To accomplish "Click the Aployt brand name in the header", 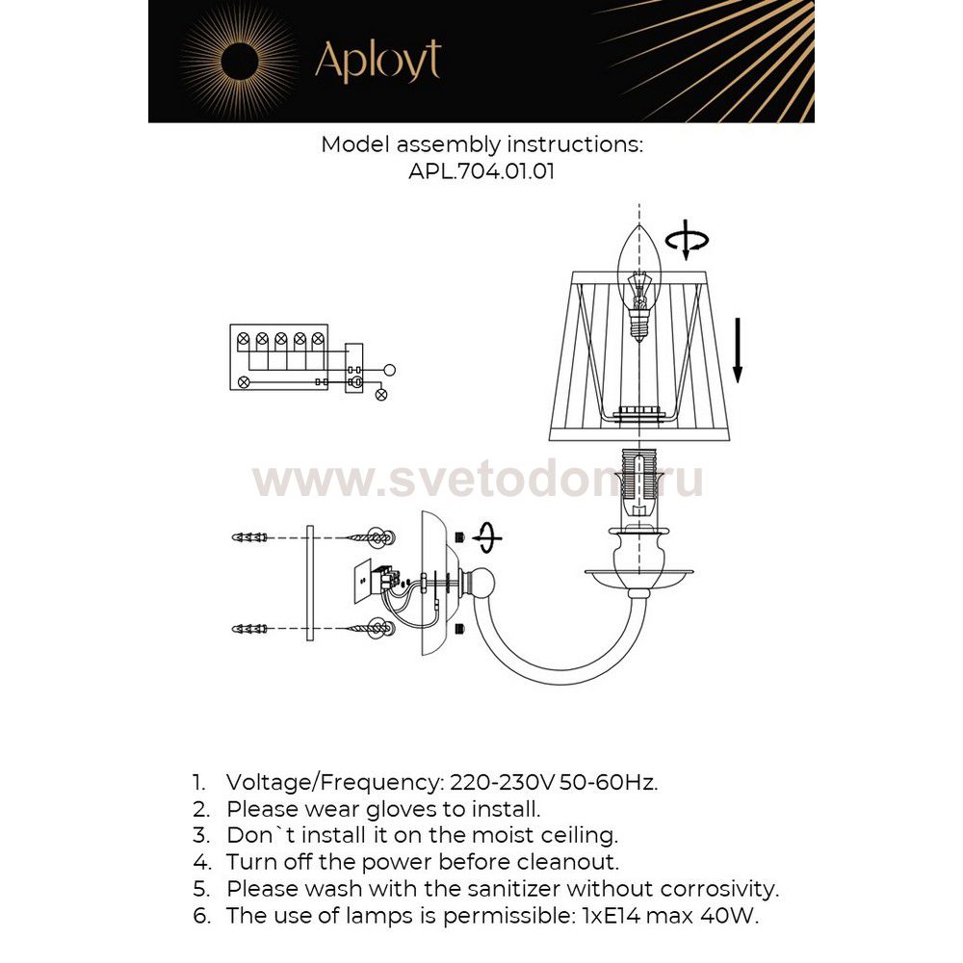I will (377, 62).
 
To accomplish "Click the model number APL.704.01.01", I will (481, 172).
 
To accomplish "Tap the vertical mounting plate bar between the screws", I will (309, 583).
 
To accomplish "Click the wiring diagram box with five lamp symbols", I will (280, 357).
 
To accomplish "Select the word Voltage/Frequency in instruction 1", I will (332, 782).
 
